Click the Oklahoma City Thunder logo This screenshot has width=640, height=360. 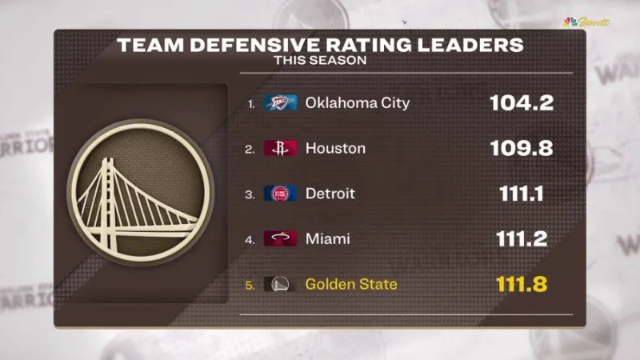pos(281,103)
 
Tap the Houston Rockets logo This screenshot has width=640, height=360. pos(281,148)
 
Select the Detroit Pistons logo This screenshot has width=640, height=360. pos(281,194)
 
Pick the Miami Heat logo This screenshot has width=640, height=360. pos(281,238)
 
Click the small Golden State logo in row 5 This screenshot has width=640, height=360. pos(281,284)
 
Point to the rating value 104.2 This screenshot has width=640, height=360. pos(522,103)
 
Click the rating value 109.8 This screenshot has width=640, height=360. pos(522,148)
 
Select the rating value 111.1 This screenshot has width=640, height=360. pos(522,194)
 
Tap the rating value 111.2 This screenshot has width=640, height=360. pos(522,238)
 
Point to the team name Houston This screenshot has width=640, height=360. pos(335,148)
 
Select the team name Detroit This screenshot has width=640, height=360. pos(330,194)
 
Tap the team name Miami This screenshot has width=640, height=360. pos(327,238)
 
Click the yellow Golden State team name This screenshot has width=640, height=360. pos(351,284)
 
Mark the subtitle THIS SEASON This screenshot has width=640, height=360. pos(320,60)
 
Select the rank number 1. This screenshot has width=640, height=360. pos(251,104)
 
